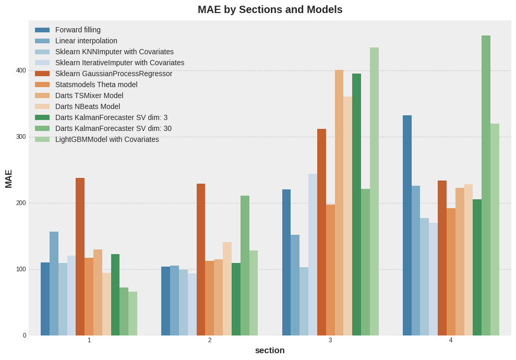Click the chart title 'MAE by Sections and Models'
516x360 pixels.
click(270, 9)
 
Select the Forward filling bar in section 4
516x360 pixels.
click(407, 225)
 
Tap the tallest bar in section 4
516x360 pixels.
click(486, 185)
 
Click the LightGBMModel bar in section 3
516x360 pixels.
click(374, 191)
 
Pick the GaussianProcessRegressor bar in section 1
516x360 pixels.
click(80, 257)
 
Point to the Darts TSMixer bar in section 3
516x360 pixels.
click(339, 202)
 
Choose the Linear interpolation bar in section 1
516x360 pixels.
click(54, 283)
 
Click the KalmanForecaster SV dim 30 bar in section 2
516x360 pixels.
click(245, 266)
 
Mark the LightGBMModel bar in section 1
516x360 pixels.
click(133, 314)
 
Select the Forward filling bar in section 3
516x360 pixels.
click(286, 262)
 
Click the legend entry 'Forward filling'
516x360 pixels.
click(78, 30)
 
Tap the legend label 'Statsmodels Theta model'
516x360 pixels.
click(96, 85)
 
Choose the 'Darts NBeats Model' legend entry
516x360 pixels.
click(87, 106)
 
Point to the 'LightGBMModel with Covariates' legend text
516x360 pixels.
click(107, 139)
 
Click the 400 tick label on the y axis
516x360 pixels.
click(20, 70)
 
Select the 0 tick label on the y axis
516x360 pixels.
click(24, 335)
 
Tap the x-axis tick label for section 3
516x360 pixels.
click(330, 340)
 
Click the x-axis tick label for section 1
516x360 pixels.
click(89, 340)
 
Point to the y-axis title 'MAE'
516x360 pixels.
click(8, 178)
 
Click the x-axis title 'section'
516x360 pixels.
click(270, 351)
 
